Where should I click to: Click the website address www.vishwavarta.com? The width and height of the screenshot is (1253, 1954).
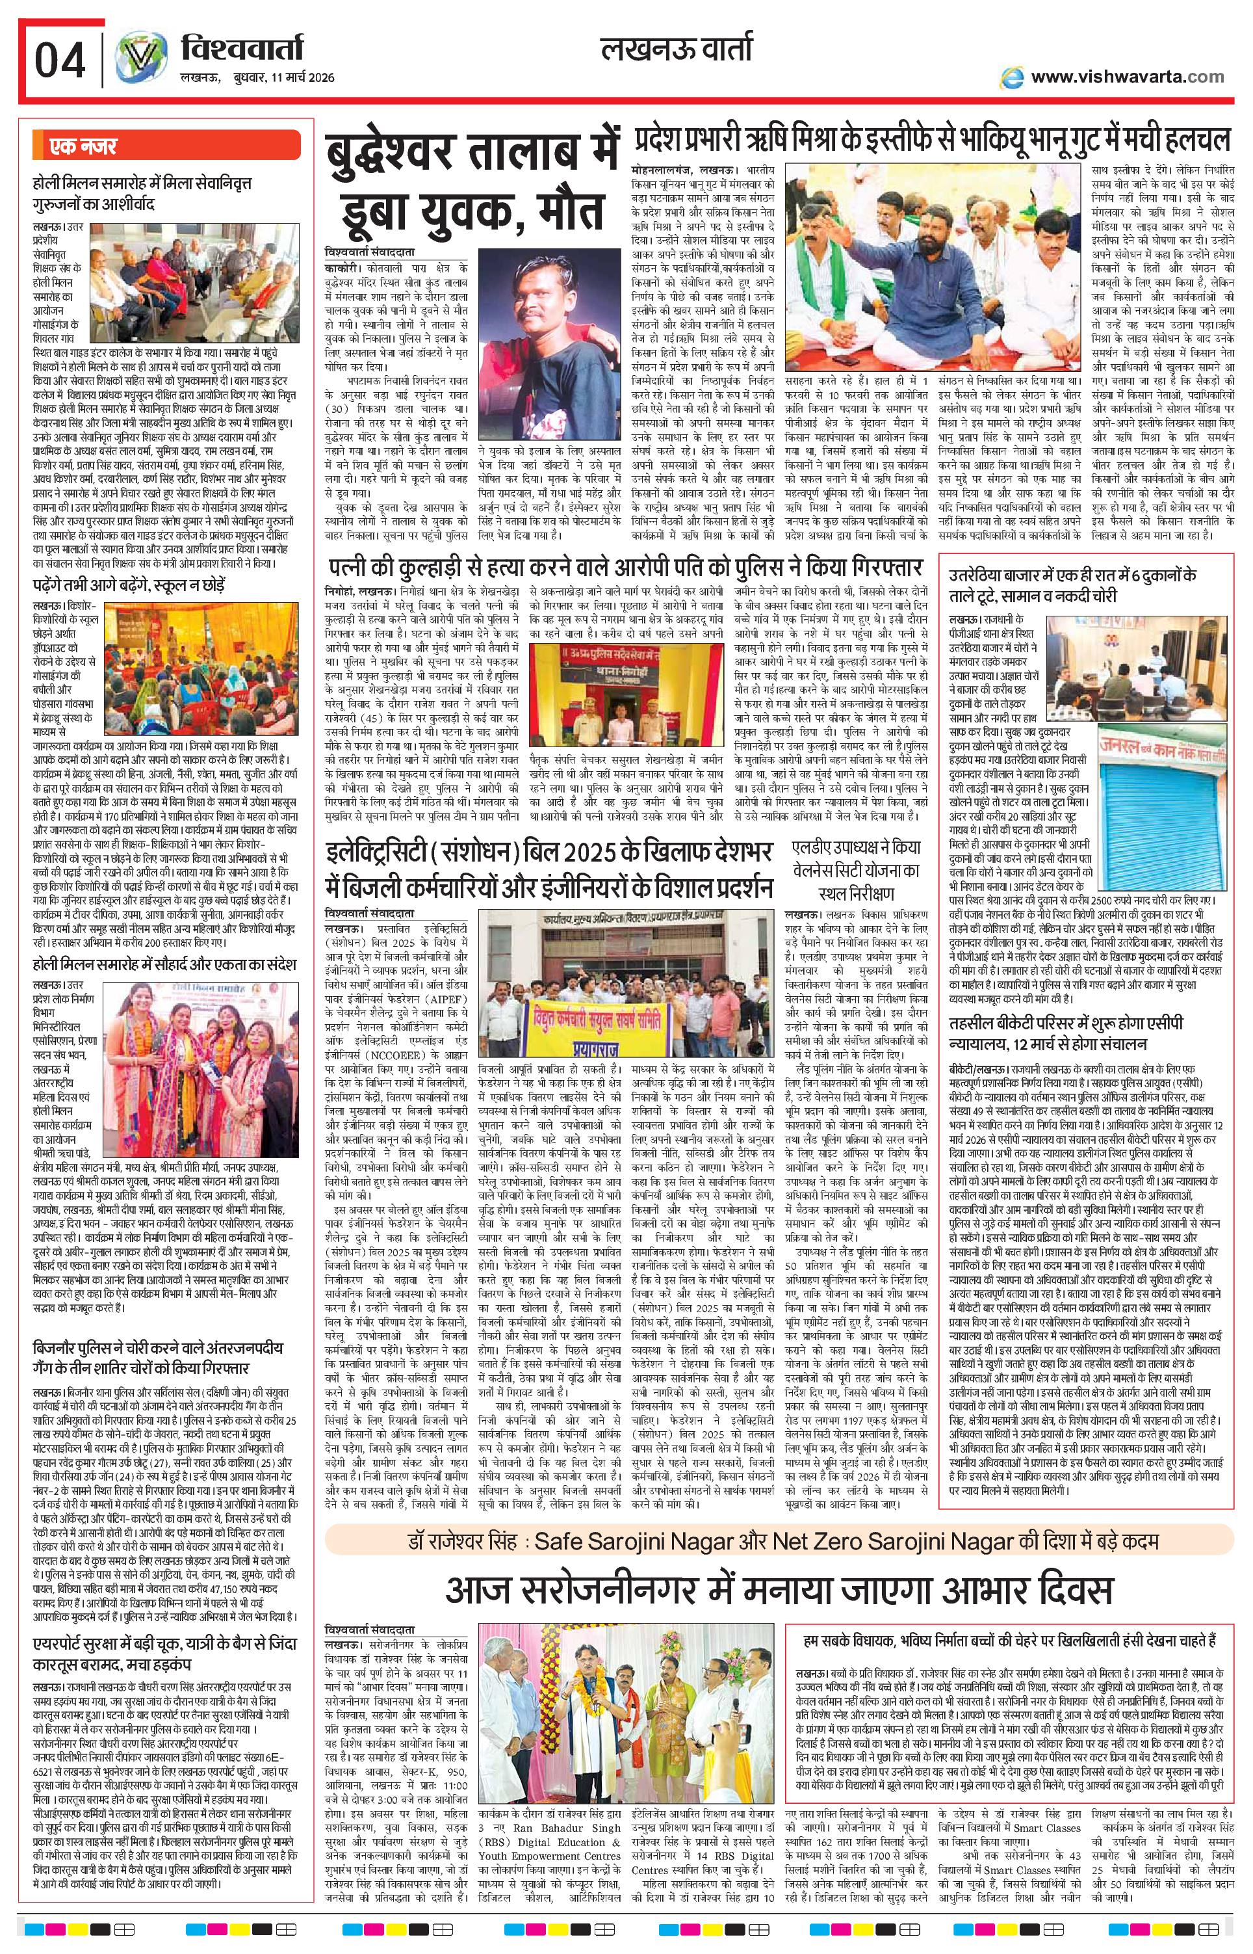tap(1127, 77)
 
